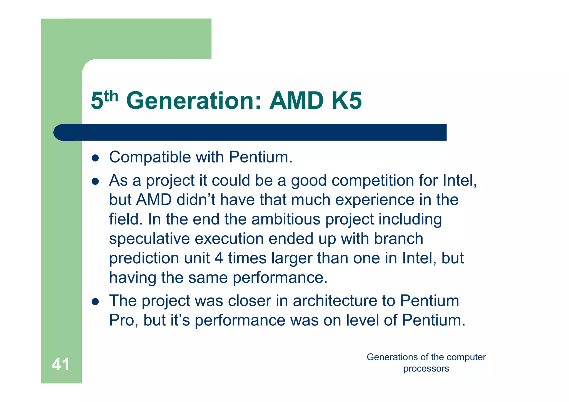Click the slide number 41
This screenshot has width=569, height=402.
pos(61,364)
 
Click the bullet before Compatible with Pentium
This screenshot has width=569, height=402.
pos(95,158)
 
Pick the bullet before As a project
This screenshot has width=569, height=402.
pos(95,181)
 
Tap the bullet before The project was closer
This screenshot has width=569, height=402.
pos(95,302)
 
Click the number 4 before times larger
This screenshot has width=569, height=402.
pos(219,258)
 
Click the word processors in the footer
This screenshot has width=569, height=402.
pos(426,369)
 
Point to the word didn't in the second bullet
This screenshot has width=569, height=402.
pos(196,200)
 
